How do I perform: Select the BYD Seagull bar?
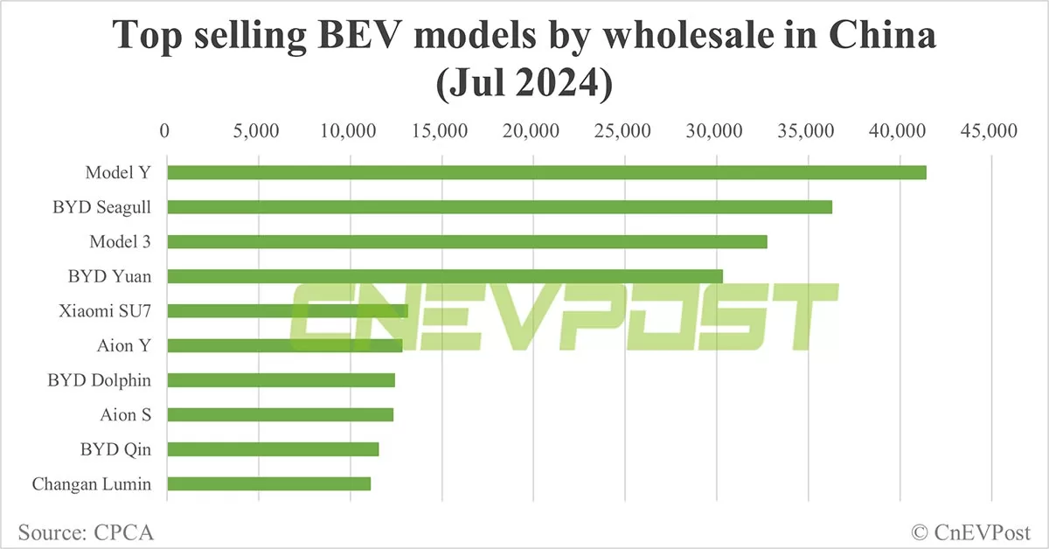[499, 207]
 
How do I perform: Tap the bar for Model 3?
[467, 242]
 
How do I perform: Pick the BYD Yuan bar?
[445, 276]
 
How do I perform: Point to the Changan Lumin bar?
[268, 483]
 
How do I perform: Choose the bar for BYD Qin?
[273, 449]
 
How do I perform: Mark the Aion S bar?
[280, 414]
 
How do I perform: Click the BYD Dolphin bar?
[281, 380]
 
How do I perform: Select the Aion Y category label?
[124, 345]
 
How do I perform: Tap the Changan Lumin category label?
[92, 483]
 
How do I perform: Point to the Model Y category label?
[118, 172]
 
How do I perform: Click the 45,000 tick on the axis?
[991, 130]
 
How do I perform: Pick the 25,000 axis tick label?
[625, 130]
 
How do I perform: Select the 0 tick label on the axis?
[166, 130]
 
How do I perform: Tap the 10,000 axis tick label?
[350, 130]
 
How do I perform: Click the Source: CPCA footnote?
[80, 531]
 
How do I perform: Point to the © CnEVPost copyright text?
[970, 531]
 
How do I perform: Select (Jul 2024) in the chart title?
[524, 84]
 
